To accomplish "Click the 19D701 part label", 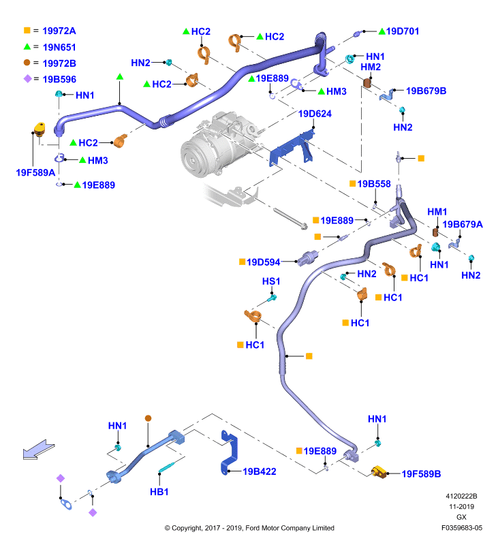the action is point(403,31).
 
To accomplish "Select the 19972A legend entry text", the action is point(59,31).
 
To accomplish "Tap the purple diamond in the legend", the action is point(27,79).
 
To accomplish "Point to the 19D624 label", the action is point(315,114).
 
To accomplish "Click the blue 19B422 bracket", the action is point(229,452).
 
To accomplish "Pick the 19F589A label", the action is point(35,172).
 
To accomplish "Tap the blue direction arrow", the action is point(39,450).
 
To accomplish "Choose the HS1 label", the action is point(271,281).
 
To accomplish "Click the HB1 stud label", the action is point(159,492).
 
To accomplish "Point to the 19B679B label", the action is point(426,91).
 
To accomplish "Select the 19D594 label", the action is point(264,262).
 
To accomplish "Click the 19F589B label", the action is point(421,473).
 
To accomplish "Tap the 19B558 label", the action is point(374,184).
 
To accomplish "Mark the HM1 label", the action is point(437,212).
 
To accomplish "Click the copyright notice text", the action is point(249,528).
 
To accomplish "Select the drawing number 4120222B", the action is point(461,496).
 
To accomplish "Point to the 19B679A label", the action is point(463,224).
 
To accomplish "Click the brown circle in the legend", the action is point(27,63).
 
